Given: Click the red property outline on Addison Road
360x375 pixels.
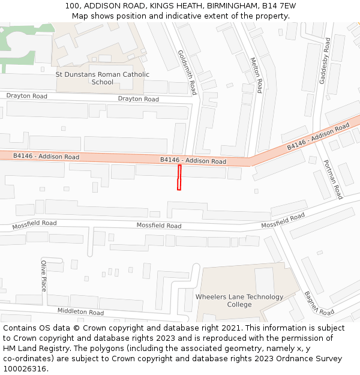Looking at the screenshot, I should pyautogui.click(x=179, y=178).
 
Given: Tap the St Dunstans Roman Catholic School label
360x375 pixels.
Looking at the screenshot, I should pyautogui.click(x=102, y=78).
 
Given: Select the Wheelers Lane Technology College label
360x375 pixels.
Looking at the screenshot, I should pyautogui.click(x=239, y=301).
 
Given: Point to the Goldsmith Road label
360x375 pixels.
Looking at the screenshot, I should pyautogui.click(x=187, y=72).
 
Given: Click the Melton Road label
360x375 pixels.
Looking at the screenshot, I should pyautogui.click(x=256, y=75).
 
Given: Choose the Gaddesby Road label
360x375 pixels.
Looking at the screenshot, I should pyautogui.click(x=325, y=61).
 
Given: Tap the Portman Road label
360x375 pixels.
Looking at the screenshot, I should pyautogui.click(x=332, y=179).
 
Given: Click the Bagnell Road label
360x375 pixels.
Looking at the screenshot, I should pyautogui.click(x=319, y=304).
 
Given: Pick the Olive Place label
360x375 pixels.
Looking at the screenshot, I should pyautogui.click(x=43, y=275).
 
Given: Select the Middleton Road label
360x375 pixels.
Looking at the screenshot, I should pyautogui.click(x=80, y=311).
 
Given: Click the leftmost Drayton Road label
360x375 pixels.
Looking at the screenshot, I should pyautogui.click(x=26, y=96).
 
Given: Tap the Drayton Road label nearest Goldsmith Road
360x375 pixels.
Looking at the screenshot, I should pyautogui.click(x=138, y=99).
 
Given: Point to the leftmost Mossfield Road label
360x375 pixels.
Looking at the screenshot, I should pyautogui.click(x=34, y=224).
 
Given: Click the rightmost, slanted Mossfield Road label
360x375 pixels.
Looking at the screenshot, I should pyautogui.click(x=283, y=220).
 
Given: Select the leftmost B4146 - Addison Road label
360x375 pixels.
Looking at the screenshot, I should pyautogui.click(x=46, y=156).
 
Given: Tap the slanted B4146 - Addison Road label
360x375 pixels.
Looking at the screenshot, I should pyautogui.click(x=317, y=137).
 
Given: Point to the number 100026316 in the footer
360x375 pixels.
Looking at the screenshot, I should pyautogui.click(x=23, y=368).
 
